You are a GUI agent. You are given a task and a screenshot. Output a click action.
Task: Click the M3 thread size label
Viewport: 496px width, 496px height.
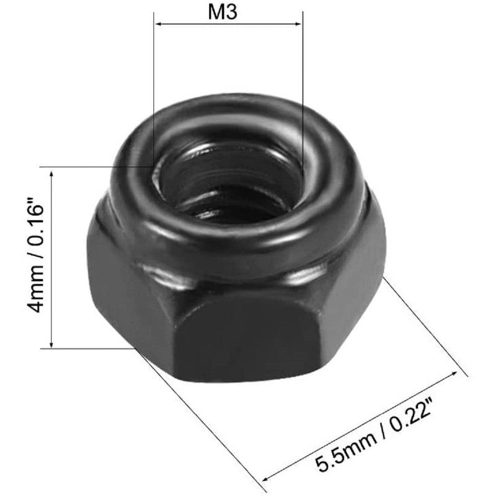tap(228, 12)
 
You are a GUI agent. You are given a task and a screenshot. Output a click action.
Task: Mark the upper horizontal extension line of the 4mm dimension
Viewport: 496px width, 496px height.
tap(93, 167)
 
